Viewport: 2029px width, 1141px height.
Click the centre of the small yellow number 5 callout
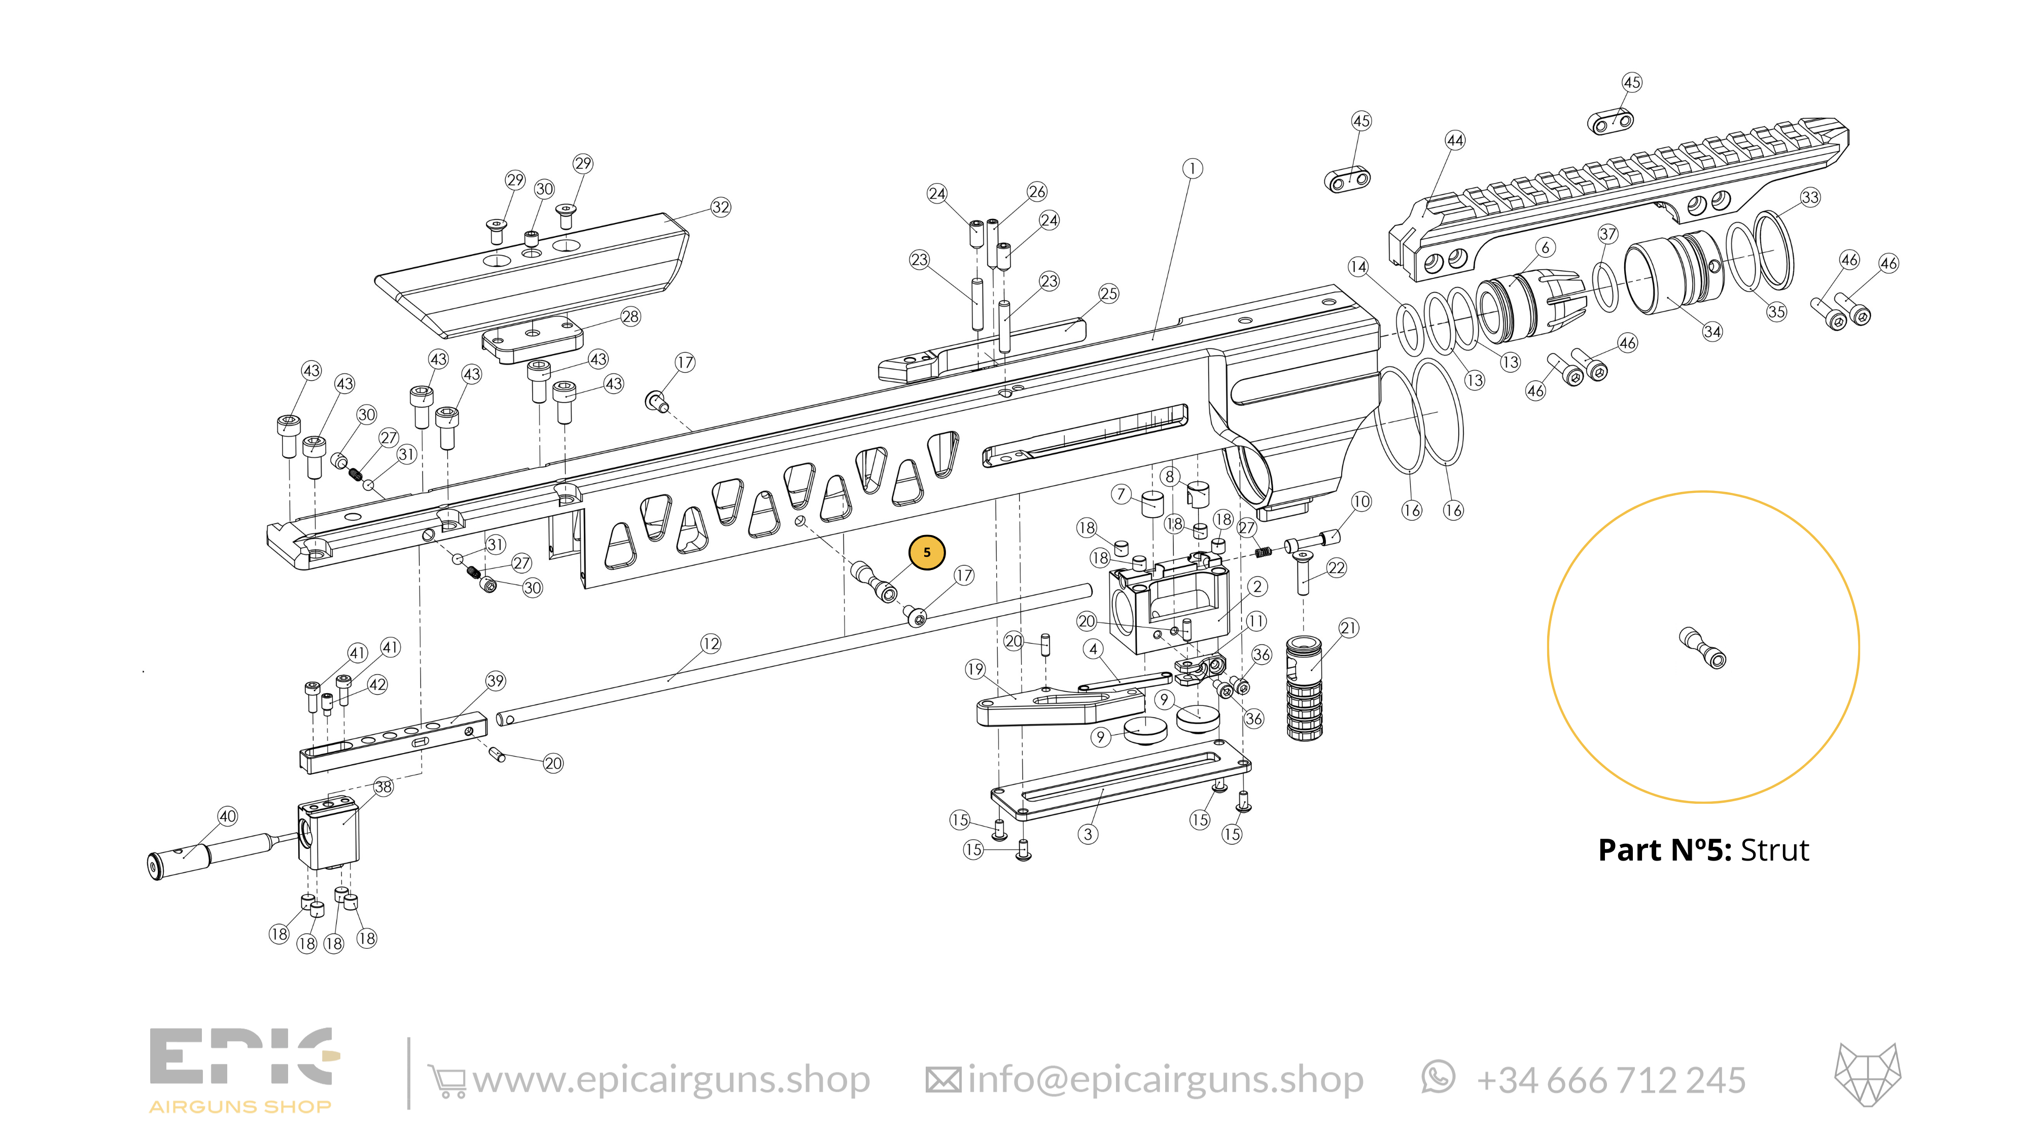(x=926, y=552)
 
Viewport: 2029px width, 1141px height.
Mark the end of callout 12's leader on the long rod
(x=668, y=681)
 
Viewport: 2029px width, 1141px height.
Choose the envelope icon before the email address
(x=943, y=1080)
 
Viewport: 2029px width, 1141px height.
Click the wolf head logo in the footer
(x=1868, y=1075)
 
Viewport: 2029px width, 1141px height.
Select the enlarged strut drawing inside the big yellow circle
(x=1703, y=647)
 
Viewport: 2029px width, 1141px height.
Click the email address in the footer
(x=1165, y=1080)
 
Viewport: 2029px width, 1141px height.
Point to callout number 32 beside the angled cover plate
(x=721, y=207)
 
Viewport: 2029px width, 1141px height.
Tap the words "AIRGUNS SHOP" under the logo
(x=240, y=1107)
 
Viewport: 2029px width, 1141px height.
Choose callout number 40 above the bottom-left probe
(x=228, y=816)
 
